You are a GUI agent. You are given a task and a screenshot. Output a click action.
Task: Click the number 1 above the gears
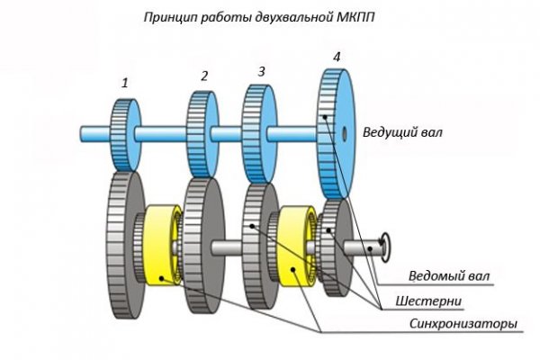point(125,83)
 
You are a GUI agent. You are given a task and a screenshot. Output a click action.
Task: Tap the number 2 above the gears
point(204,76)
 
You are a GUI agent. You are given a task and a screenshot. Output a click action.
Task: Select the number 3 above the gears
point(261,70)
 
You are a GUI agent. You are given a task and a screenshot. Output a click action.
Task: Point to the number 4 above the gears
point(337,57)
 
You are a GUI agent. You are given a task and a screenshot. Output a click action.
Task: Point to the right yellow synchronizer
point(294,247)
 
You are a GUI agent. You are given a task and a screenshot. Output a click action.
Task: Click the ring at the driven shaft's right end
point(387,241)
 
